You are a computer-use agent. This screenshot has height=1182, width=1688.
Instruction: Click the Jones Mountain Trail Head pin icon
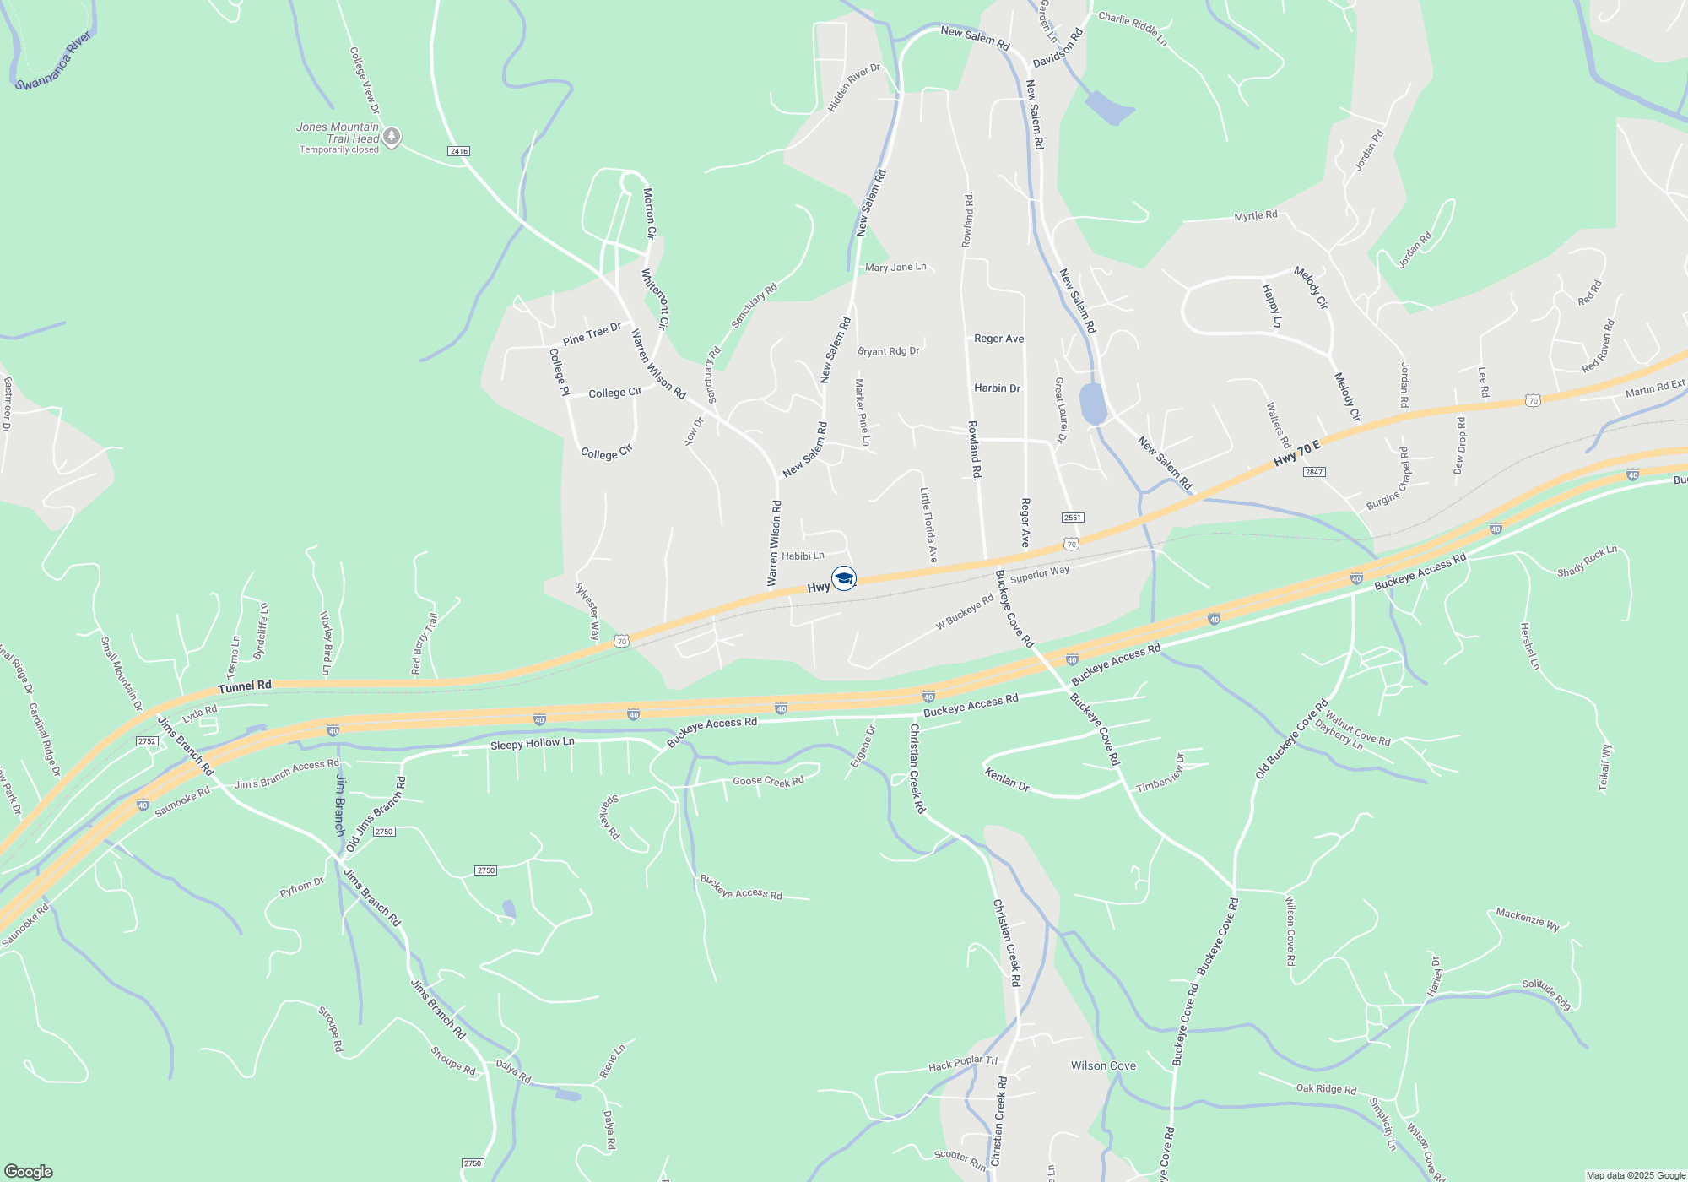point(392,136)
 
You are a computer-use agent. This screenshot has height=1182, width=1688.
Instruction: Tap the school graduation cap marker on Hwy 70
point(844,578)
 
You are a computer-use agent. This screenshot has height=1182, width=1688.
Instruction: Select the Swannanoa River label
point(54,61)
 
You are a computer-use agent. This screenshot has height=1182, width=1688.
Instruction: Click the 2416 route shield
point(458,151)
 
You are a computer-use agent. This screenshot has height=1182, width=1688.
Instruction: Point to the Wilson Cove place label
point(1103,1065)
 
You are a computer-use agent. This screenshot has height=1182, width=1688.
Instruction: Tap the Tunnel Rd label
point(245,687)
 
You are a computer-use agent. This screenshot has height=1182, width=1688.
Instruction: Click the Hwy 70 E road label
point(1296,453)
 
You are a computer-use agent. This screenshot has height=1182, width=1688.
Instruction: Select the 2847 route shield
point(1313,472)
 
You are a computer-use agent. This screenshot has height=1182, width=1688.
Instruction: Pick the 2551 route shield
point(1072,518)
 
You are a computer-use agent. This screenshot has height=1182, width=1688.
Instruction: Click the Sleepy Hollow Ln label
point(532,744)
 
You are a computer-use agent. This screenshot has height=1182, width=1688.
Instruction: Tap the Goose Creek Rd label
point(768,781)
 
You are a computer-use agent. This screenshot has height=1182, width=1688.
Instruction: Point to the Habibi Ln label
point(803,556)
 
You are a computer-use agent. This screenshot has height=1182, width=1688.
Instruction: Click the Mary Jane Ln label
point(895,268)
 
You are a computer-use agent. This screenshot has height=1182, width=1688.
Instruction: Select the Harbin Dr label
point(997,388)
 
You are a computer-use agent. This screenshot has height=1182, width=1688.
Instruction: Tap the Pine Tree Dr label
point(592,333)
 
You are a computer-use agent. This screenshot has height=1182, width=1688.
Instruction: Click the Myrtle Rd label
point(1256,216)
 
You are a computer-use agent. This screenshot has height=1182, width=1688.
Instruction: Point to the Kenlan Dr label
point(1007,778)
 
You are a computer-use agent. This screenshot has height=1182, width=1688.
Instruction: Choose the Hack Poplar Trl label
point(963,1064)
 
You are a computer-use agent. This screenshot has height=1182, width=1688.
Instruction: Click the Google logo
point(28,1172)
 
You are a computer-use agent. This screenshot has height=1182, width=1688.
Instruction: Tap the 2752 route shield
point(147,741)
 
